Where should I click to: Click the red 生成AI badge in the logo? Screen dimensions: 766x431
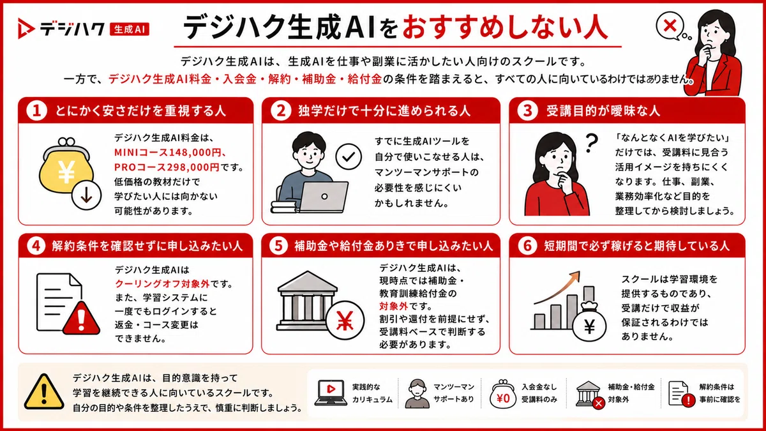tap(130, 29)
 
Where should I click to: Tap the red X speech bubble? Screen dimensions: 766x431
tap(670, 26)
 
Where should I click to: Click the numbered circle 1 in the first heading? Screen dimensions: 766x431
tap(36, 111)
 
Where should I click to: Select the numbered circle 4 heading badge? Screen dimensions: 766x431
tap(36, 246)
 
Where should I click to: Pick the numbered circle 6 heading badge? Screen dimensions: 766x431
tap(527, 246)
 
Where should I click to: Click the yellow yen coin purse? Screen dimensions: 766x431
tap(66, 167)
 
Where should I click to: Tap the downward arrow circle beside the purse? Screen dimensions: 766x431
tap(87, 195)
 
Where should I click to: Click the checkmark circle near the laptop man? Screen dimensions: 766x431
tap(349, 156)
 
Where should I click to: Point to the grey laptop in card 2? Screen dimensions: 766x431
tap(324, 196)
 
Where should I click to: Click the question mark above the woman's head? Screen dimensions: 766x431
tap(592, 143)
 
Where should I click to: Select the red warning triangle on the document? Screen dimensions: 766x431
tap(82, 318)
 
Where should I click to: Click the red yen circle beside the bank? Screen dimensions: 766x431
tap(345, 320)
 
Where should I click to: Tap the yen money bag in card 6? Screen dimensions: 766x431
tap(589, 322)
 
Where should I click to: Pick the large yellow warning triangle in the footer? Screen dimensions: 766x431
tap(44, 391)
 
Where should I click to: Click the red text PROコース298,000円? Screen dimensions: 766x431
tap(167, 167)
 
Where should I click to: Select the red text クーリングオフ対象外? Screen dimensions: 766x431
tap(162, 284)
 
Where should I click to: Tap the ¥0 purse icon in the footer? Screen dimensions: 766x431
tap(503, 395)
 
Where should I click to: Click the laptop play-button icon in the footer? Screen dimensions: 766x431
tap(331, 392)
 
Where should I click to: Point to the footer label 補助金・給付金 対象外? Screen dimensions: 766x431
tap(631, 393)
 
